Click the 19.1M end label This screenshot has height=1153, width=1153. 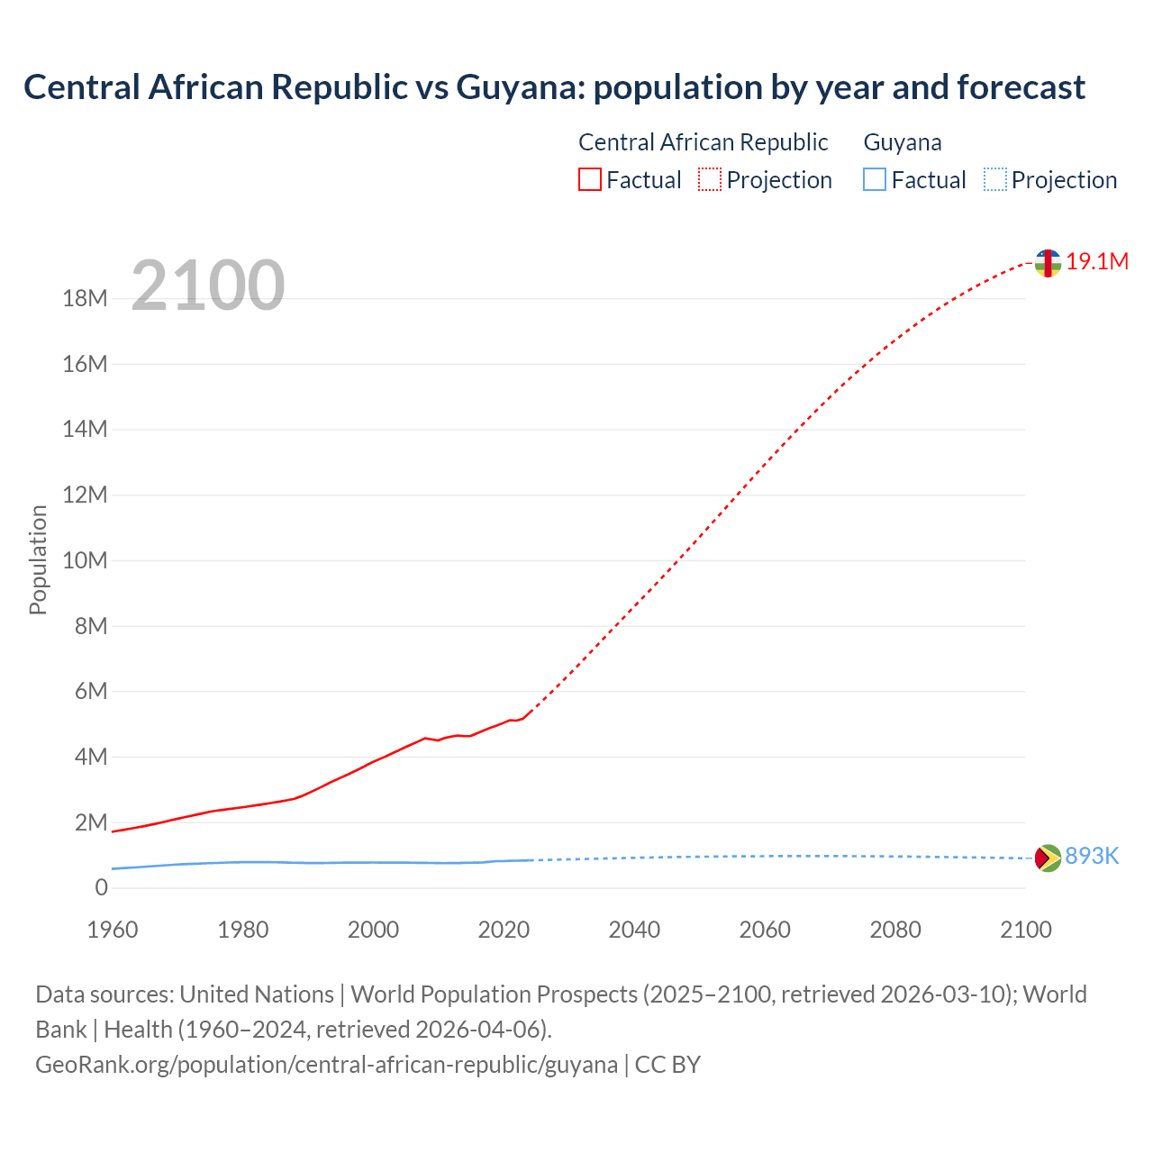1097,262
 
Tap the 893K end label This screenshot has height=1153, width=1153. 1092,857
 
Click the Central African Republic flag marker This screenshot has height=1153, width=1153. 1048,263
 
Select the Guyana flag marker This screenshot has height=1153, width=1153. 1048,858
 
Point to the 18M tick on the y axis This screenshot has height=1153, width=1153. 85,298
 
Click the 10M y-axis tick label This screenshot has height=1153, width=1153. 85,560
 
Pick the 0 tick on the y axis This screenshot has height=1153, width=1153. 101,888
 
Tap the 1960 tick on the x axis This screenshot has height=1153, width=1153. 113,930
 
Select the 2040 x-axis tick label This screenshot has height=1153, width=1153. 634,930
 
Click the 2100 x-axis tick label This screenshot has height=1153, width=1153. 1025,930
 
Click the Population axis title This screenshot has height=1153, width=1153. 38,560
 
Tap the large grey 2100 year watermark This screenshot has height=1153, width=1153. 208,286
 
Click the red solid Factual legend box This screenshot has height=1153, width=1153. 590,179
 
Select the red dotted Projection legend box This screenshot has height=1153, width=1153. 710,179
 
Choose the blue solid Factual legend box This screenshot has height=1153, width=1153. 875,179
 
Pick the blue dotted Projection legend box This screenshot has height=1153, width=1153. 994,179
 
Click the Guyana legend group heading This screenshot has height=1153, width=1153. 903,142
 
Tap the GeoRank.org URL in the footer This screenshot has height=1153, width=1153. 326,1065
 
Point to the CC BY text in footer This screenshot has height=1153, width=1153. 667,1065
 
